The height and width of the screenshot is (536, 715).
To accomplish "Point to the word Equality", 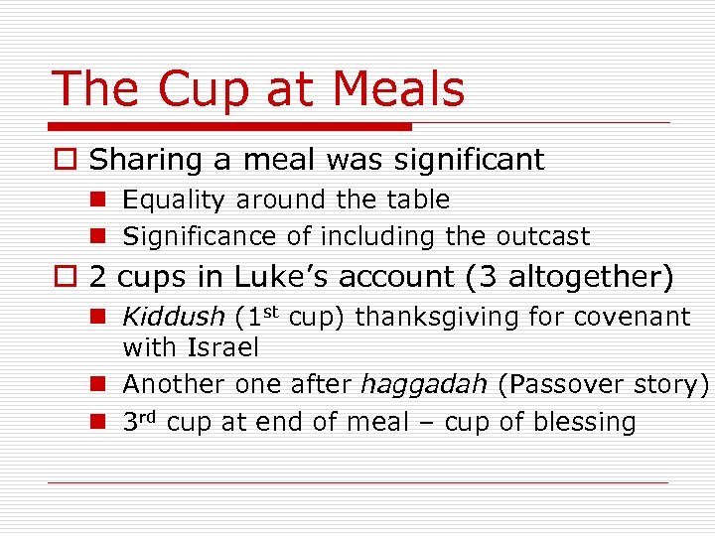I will (173, 201).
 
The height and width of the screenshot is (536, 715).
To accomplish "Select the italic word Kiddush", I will (173, 318).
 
